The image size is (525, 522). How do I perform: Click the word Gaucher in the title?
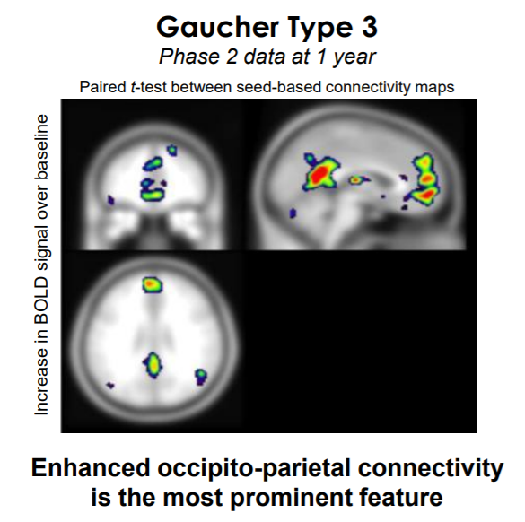click(218, 27)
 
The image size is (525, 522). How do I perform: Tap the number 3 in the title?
click(370, 27)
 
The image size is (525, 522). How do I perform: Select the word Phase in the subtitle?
click(189, 57)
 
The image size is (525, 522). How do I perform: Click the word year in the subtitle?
click(354, 57)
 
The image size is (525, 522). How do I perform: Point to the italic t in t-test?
click(133, 87)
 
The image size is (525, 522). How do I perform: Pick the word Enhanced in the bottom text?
click(91, 468)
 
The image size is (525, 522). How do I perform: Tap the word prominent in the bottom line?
click(291, 499)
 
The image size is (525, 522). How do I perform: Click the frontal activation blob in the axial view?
click(153, 284)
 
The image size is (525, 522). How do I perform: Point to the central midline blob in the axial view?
click(153, 365)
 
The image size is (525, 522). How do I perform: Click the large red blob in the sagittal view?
click(320, 173)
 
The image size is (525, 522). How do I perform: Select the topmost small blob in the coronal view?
click(172, 151)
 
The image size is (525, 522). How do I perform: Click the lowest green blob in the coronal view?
click(152, 195)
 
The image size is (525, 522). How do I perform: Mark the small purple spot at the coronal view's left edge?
click(110, 200)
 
